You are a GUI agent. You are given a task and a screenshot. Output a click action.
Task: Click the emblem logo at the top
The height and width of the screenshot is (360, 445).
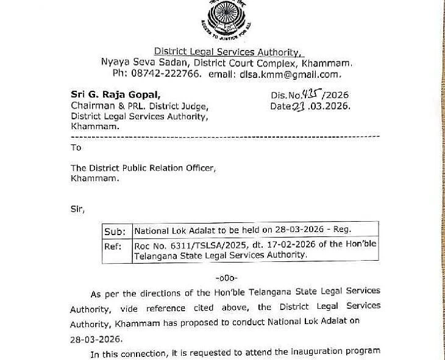click(x=226, y=18)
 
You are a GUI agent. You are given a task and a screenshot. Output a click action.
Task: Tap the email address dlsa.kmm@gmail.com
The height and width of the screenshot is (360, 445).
click(x=290, y=74)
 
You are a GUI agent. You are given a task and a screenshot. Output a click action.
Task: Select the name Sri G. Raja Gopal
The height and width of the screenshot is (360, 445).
click(x=116, y=94)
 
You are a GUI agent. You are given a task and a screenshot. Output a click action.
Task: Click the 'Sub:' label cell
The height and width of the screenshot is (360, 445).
click(x=115, y=231)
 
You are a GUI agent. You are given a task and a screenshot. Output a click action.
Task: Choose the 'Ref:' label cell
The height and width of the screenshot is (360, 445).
click(x=114, y=247)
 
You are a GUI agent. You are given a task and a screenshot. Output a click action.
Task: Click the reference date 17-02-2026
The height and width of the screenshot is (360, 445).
click(x=260, y=244)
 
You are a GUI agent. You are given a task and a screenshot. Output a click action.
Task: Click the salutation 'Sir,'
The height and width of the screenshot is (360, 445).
click(x=77, y=210)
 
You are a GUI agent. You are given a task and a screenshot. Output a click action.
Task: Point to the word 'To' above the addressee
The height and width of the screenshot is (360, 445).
click(x=76, y=147)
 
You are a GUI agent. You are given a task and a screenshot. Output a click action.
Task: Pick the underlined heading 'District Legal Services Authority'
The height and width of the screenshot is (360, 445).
click(x=227, y=52)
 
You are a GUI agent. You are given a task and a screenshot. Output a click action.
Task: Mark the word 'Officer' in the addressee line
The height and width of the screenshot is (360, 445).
click(x=200, y=168)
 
